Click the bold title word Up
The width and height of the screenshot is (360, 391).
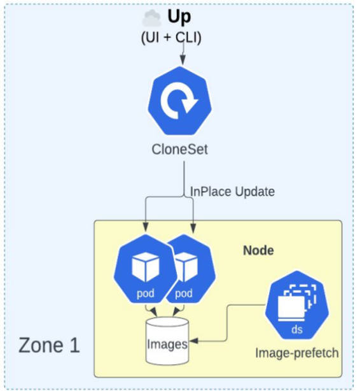coord(179,17)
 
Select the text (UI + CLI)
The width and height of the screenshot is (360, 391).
coord(171,38)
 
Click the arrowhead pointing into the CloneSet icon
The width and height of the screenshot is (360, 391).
coord(183,60)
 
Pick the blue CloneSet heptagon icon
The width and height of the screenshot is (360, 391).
coord(179,101)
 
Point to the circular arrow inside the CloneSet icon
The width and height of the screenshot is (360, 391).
coord(179,102)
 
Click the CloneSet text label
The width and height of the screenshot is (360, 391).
coord(179,150)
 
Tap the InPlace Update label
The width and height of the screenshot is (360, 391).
coord(232,192)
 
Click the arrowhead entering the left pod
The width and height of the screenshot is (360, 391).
coord(146,227)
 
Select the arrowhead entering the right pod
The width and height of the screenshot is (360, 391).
coord(193,227)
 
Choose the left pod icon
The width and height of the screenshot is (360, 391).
coord(146,269)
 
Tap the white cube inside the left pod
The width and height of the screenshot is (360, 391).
coord(146,267)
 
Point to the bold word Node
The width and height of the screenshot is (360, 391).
coord(258,250)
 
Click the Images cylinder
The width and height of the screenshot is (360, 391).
coord(167,341)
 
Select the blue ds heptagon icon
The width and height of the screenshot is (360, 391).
coord(297,305)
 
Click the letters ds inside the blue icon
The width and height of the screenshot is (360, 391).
coord(297,329)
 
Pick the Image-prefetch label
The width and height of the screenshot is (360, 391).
coord(297,353)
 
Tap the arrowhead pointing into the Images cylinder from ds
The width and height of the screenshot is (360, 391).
coord(194,341)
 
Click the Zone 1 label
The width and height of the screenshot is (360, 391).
coord(49,345)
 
